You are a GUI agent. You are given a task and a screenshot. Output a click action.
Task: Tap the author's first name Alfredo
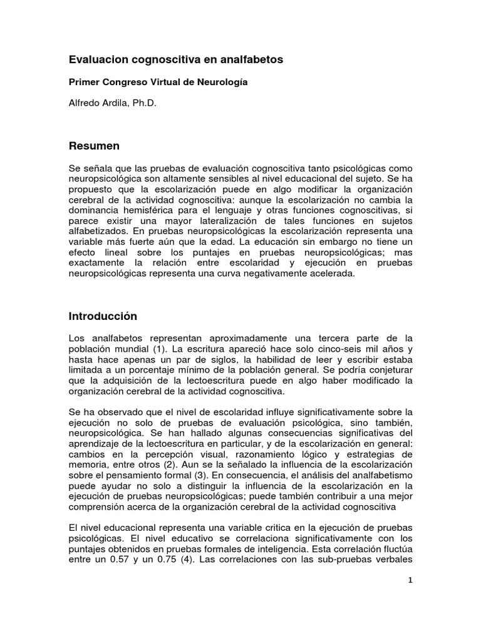(x=85, y=104)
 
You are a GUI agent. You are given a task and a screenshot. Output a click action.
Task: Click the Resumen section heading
(x=94, y=146)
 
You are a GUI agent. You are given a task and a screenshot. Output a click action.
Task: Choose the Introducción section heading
(x=103, y=316)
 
